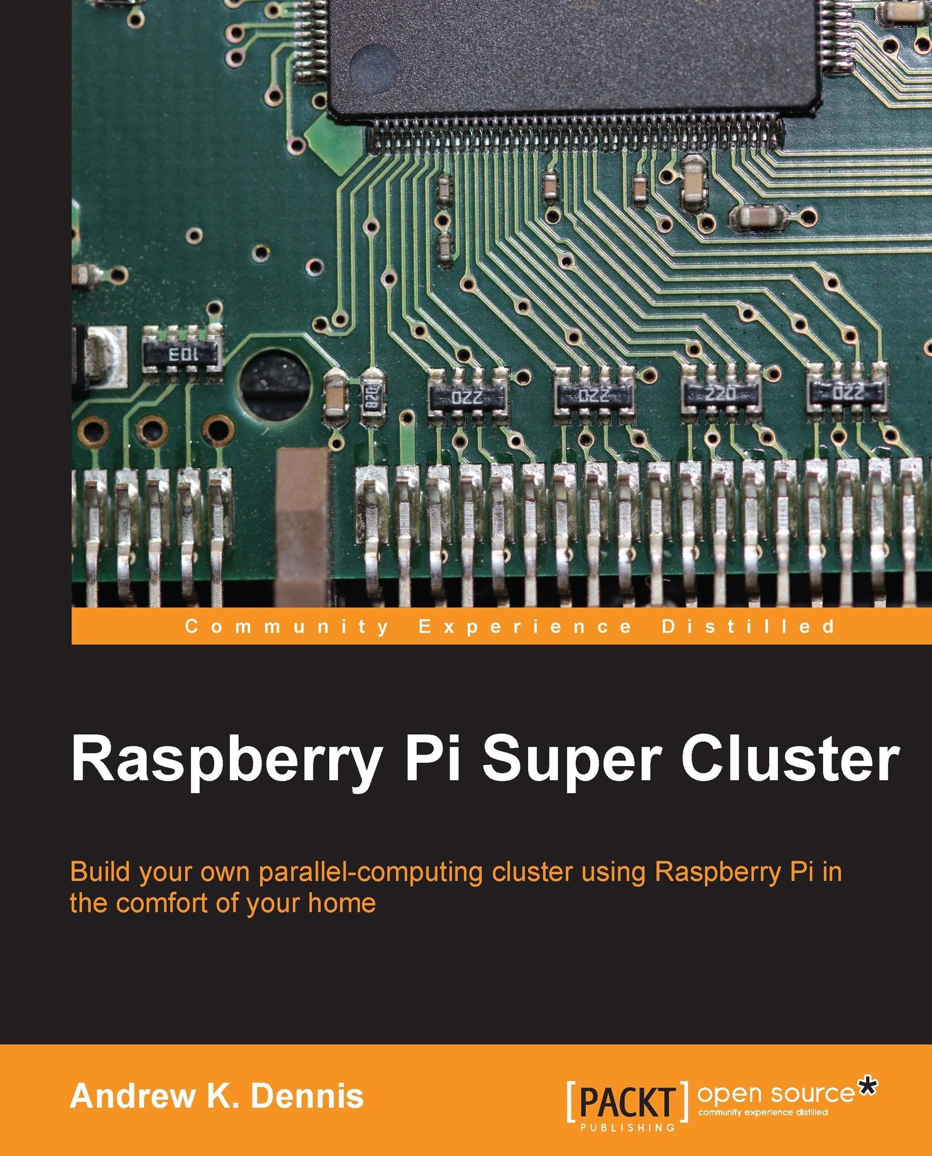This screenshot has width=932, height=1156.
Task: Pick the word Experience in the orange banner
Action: click(x=525, y=627)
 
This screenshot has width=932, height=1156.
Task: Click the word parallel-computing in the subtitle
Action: click(x=371, y=873)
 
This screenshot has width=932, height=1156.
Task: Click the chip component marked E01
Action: click(x=181, y=355)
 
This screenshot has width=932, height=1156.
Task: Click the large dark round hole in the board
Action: click(x=275, y=386)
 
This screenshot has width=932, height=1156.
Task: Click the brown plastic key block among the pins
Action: click(x=303, y=528)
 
